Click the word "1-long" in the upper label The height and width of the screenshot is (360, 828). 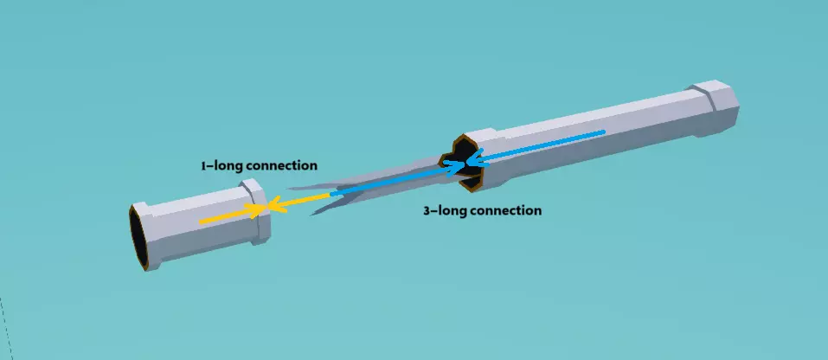217,164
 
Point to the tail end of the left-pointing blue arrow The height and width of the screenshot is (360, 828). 603,132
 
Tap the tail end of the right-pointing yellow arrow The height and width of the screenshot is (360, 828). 201,222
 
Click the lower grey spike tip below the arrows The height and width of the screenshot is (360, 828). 313,213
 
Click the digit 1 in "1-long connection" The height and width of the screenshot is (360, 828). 203,164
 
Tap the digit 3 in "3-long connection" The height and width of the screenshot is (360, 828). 427,210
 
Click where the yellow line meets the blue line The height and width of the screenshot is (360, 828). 331,195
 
